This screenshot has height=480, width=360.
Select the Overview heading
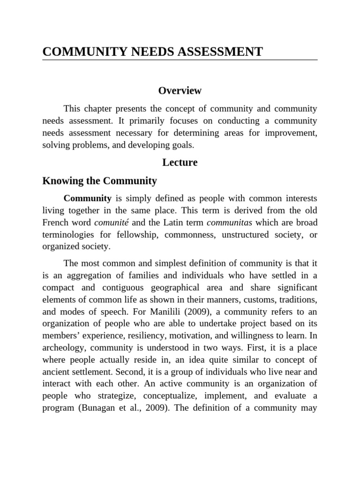pyautogui.click(x=180, y=90)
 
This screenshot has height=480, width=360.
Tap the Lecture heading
pyautogui.click(x=180, y=163)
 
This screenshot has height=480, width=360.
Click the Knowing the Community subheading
pyautogui.click(x=99, y=181)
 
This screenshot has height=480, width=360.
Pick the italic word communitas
pyautogui.click(x=226, y=222)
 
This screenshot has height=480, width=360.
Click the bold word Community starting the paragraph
pyautogui.click(x=87, y=199)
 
